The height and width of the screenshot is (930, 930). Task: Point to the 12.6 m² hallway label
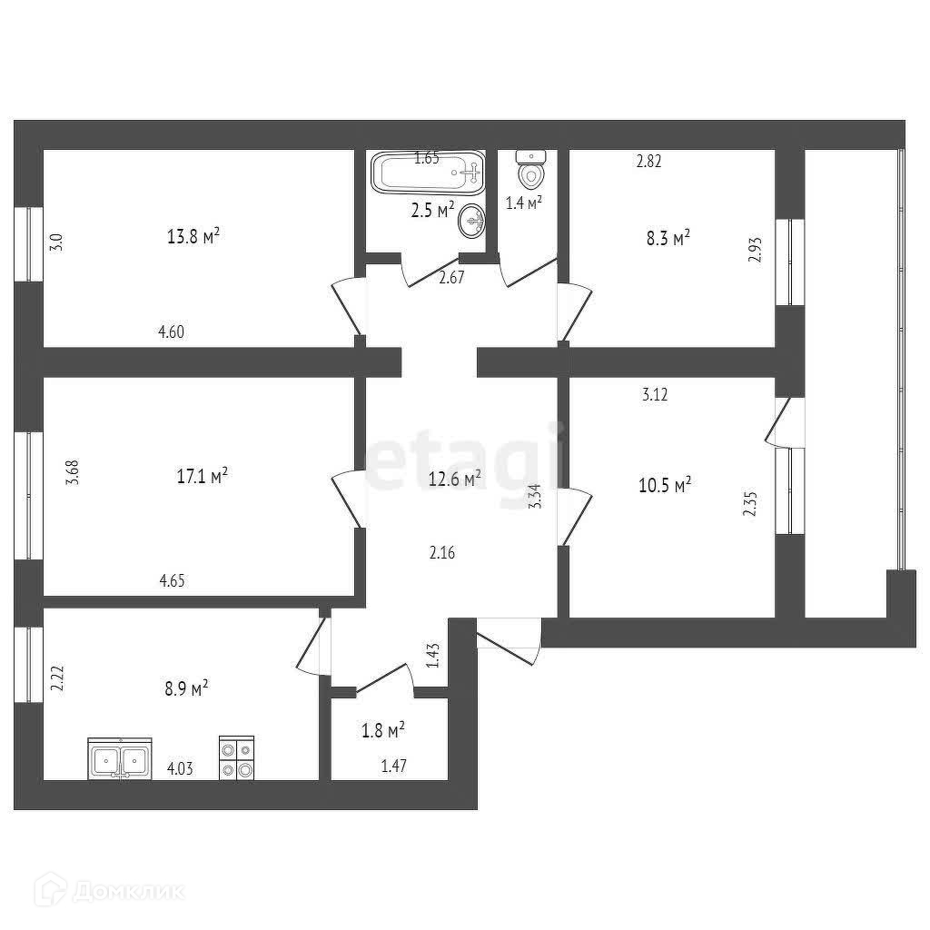coord(454,479)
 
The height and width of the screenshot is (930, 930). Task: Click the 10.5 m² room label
coord(665,484)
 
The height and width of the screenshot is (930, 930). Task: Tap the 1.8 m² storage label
coord(383,728)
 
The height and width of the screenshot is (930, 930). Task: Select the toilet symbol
coord(531,168)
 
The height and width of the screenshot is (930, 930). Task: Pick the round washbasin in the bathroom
coord(471,219)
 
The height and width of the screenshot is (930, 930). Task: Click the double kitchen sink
coord(120,758)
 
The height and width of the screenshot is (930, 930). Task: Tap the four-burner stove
coord(236,758)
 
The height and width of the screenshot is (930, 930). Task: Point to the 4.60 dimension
coord(172,332)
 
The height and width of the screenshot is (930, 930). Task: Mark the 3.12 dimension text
coord(656,394)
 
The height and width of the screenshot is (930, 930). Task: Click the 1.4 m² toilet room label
coord(524,203)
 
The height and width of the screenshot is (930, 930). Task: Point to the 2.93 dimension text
coord(754,250)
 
